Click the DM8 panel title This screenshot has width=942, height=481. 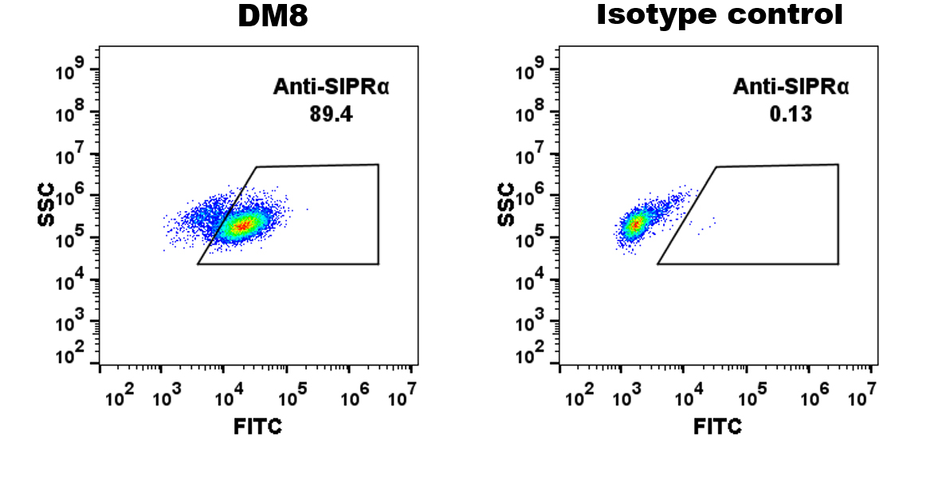coord(273,16)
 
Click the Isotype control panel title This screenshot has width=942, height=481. coord(720,14)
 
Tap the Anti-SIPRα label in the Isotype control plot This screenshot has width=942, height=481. coord(791,87)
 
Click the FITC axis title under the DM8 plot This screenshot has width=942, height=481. coord(257,427)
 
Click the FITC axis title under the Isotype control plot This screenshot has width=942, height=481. coord(717,427)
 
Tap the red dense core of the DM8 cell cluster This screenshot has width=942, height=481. coord(244,226)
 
